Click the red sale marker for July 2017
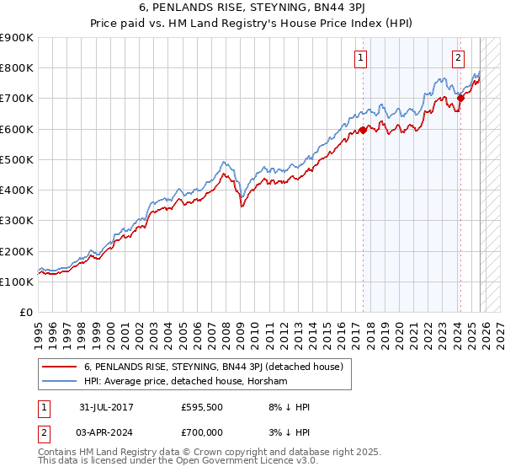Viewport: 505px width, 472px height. (363, 130)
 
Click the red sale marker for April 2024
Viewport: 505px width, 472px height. (460, 98)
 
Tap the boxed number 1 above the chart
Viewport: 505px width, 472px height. (360, 58)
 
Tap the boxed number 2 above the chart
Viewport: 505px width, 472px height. (458, 58)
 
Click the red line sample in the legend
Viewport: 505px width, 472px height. (59, 367)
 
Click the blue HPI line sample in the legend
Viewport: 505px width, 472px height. (59, 382)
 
